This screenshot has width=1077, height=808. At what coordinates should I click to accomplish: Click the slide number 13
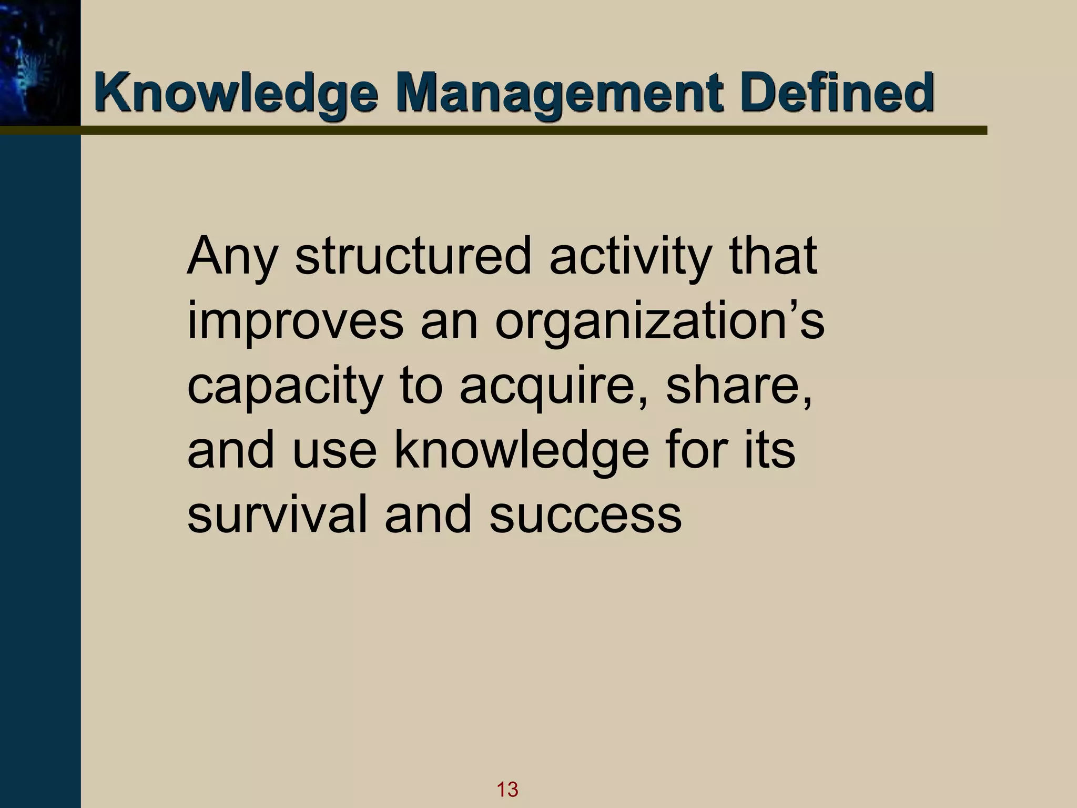[507, 789]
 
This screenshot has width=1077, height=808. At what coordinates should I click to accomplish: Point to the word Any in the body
[232, 258]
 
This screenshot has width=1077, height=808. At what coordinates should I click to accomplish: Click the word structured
[413, 258]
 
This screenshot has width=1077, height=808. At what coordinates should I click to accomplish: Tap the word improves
[295, 322]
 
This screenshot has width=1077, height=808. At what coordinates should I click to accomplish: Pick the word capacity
[285, 387]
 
